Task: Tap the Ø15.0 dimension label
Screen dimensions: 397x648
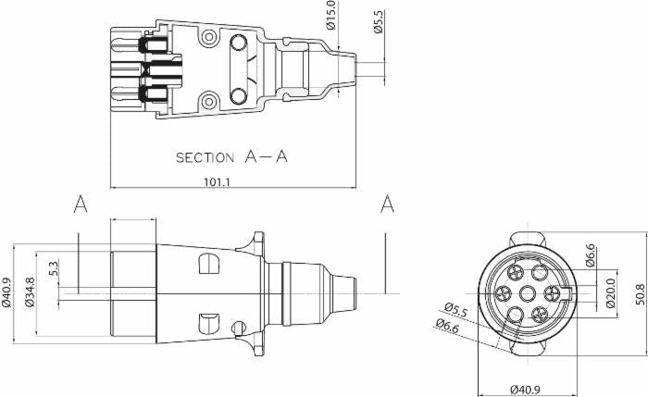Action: click(330, 15)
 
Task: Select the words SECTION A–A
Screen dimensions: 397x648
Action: click(231, 157)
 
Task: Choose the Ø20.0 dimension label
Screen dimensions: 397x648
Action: click(609, 294)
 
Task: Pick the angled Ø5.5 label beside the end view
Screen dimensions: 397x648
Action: click(455, 308)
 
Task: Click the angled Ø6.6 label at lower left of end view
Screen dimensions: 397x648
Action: click(448, 323)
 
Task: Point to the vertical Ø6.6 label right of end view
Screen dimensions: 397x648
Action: click(591, 255)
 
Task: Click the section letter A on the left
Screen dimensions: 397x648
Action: click(81, 205)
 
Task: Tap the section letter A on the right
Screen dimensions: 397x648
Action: click(387, 205)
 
